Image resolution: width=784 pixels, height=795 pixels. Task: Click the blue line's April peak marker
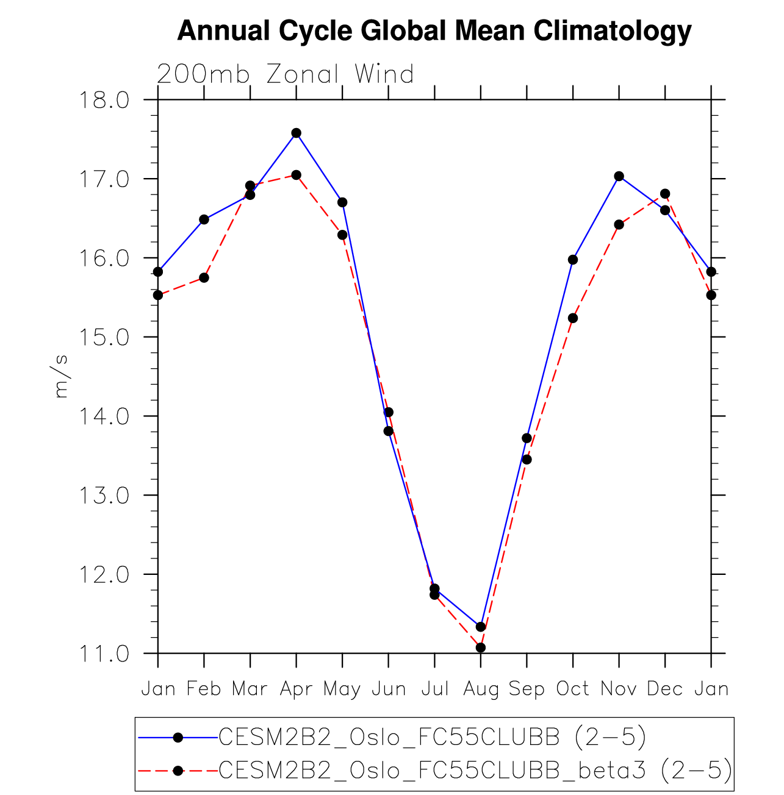click(x=296, y=133)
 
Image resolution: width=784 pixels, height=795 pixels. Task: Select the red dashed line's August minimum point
click(x=481, y=647)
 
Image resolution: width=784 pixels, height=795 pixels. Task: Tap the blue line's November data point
click(x=619, y=176)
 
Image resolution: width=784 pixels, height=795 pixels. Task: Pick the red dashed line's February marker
click(x=204, y=277)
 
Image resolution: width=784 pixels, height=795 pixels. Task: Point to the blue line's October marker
click(x=573, y=260)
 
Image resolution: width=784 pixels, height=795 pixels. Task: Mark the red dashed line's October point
click(x=573, y=318)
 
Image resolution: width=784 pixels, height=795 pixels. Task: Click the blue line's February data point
click(x=204, y=219)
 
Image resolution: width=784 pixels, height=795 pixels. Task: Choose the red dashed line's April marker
click(x=296, y=175)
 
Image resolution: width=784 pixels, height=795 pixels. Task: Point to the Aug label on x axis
click(x=481, y=689)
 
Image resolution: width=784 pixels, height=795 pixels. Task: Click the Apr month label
click(x=296, y=690)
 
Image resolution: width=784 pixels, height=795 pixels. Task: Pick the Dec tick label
click(x=665, y=689)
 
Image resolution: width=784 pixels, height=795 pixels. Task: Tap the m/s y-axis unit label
click(x=62, y=376)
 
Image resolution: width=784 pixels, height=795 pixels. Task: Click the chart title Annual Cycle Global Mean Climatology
click(x=434, y=30)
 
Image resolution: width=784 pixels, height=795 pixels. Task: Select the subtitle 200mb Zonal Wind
click(x=286, y=74)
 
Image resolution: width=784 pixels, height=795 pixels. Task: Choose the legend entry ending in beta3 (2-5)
click(x=475, y=771)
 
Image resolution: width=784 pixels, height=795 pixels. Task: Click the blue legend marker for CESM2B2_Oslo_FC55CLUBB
click(x=178, y=738)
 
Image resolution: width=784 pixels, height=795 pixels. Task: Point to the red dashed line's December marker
click(x=665, y=194)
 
